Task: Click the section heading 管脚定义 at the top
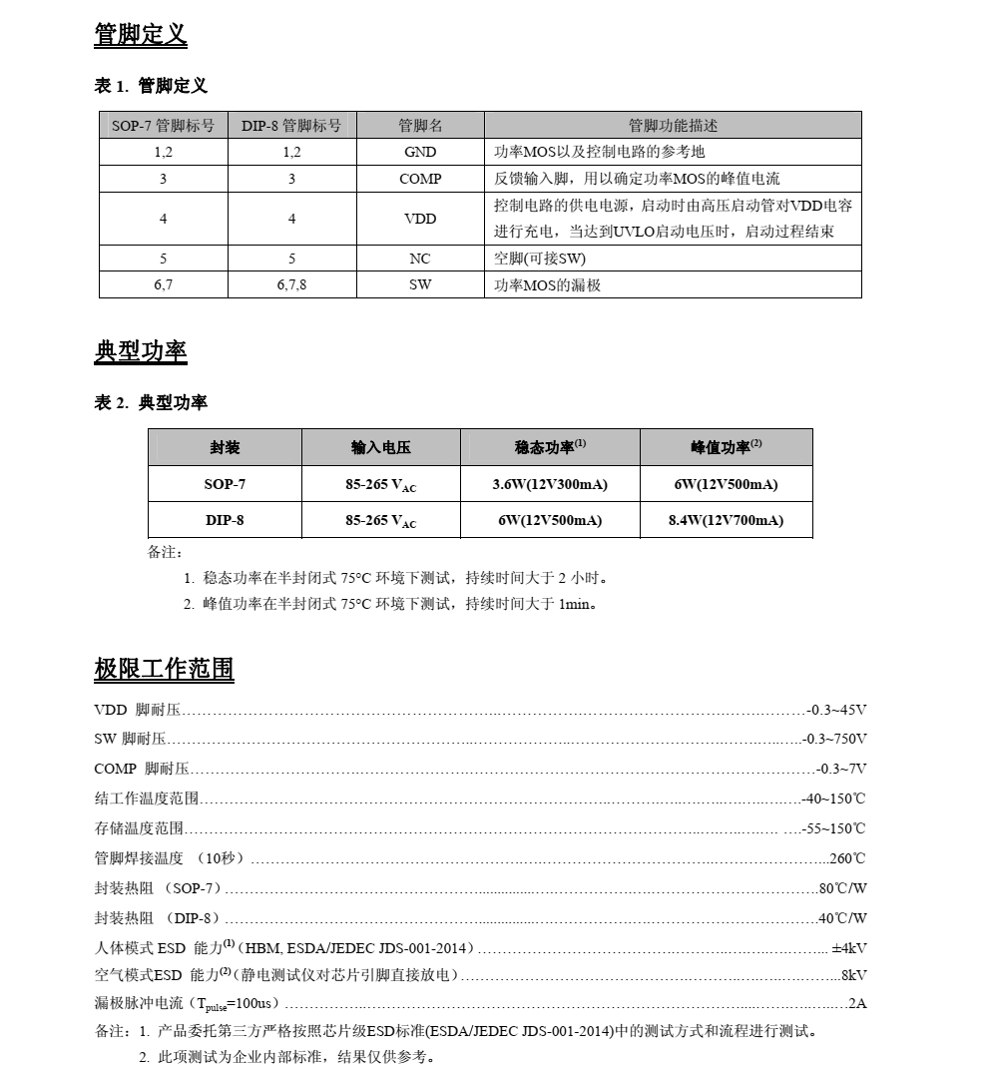pos(141,35)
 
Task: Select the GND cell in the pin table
pos(420,152)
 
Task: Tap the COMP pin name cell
pos(420,179)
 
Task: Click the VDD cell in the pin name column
pos(420,219)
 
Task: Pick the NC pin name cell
pos(420,259)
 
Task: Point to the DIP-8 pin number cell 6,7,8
pos(291,284)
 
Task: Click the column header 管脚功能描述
pos(673,126)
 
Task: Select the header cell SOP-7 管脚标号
pos(163,126)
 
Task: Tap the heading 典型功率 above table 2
pos(141,351)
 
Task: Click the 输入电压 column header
pos(380,448)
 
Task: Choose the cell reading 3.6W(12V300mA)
pos(550,484)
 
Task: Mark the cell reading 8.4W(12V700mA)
pos(726,520)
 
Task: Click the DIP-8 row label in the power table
pos(225,520)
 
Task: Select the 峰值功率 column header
pos(726,448)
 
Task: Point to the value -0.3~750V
pos(834,739)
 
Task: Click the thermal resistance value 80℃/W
pos(842,888)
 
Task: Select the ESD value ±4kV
pos(848,948)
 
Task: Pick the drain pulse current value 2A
pos(857,1003)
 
